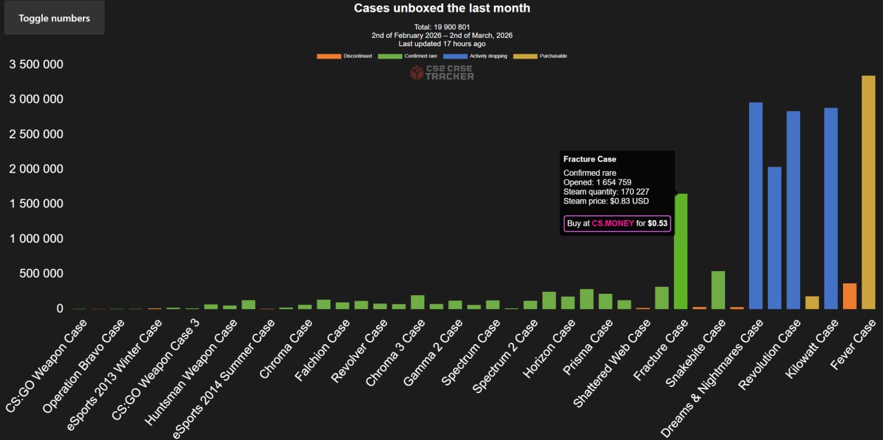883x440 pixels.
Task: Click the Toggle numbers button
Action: coord(54,18)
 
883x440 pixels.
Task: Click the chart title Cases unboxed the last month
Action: coord(441,8)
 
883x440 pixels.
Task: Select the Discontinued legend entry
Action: coord(344,56)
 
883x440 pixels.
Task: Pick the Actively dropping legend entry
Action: coord(475,56)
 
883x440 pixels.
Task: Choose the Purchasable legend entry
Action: coord(541,56)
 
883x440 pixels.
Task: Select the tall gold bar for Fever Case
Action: coord(868,192)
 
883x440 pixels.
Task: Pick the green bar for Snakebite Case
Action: coord(718,290)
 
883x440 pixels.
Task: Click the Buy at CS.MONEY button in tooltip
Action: coord(617,223)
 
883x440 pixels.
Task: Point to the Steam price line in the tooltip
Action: coord(606,201)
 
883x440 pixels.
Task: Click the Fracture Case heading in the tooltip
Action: coord(590,159)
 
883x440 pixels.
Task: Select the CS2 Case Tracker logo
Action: coord(442,72)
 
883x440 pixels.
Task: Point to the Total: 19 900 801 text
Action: coord(441,27)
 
